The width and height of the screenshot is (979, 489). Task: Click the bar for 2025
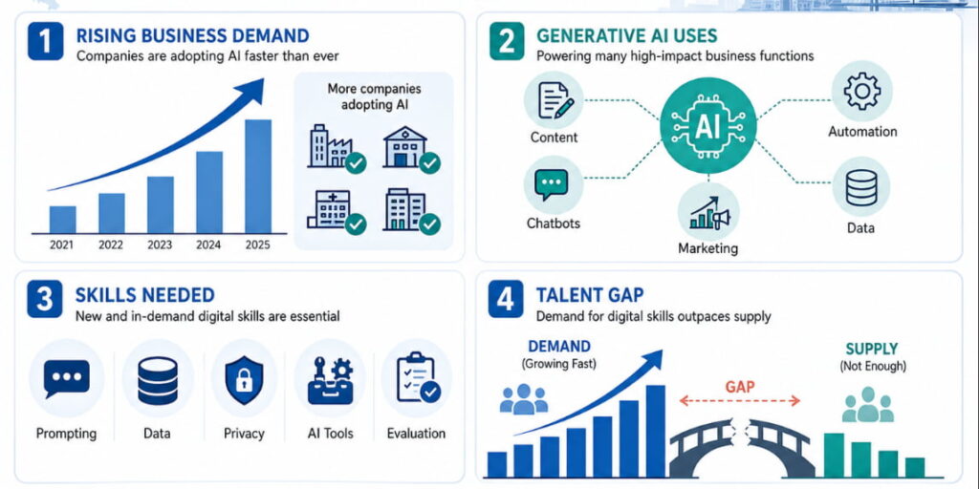[x=258, y=177]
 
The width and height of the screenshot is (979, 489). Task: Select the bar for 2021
[x=62, y=220]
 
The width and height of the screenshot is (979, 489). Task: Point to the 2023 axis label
[x=160, y=245]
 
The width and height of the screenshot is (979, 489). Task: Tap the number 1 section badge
[x=45, y=41]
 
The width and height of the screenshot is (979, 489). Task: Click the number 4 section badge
[x=505, y=298]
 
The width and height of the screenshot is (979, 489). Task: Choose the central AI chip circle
[x=708, y=127]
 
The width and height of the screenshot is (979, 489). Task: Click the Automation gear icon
[x=862, y=92]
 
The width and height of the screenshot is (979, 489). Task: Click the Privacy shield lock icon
[x=244, y=379]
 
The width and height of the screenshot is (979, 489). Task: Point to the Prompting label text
[x=66, y=434]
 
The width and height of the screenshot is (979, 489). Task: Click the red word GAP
[x=740, y=387]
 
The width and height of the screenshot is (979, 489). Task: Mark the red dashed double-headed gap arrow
[x=739, y=401]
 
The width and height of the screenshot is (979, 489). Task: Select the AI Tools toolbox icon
[x=330, y=379]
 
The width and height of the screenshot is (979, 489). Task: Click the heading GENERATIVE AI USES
[x=627, y=35]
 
